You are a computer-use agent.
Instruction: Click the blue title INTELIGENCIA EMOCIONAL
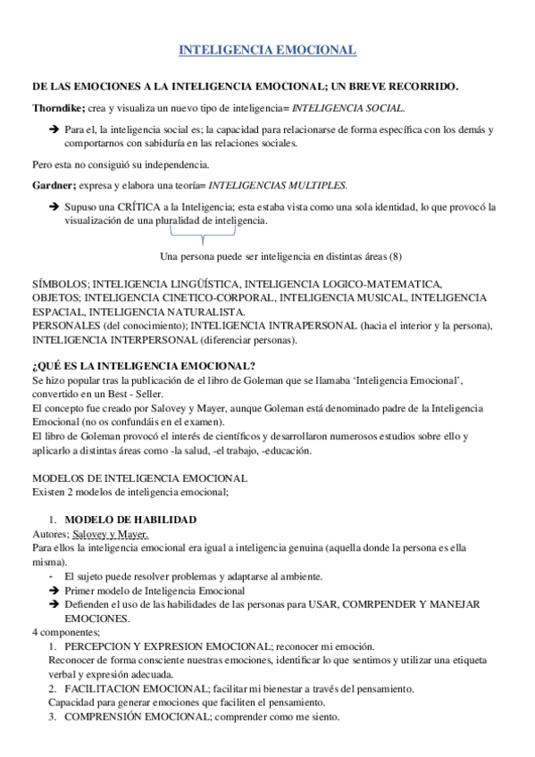tap(268, 51)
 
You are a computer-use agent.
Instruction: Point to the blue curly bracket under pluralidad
tap(202, 237)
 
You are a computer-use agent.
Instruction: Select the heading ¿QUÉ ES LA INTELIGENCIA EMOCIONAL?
tap(143, 367)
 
